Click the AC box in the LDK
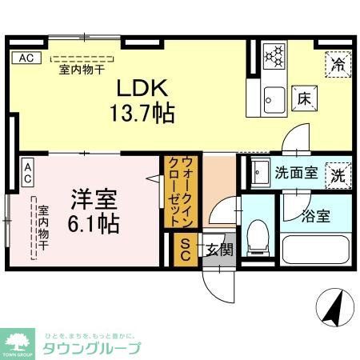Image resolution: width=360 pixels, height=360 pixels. tap(26, 58)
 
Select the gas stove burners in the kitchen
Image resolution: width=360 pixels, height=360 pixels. tap(275, 56)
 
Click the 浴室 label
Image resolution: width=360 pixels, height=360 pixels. tap(315, 215)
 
